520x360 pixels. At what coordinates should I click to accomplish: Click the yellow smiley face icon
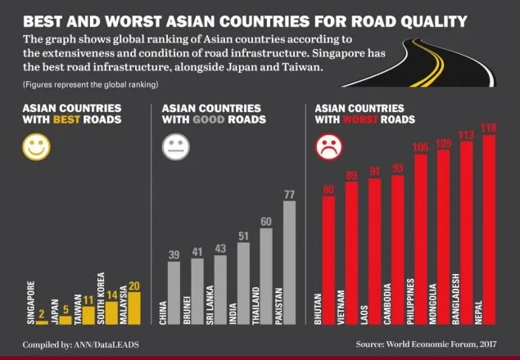point(37,146)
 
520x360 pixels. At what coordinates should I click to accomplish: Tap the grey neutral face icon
point(176,146)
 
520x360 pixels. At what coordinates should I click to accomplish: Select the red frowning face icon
point(328,146)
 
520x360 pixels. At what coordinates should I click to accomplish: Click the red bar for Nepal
point(489,229)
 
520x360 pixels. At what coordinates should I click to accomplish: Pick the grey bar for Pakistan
point(289,263)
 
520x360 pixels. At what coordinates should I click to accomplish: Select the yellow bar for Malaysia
point(134,308)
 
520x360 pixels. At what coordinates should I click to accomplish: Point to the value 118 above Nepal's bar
point(489,128)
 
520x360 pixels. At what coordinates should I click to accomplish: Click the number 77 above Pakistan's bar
point(289,195)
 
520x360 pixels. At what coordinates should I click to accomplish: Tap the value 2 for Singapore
point(42,314)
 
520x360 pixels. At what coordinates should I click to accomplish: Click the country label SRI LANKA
point(210,305)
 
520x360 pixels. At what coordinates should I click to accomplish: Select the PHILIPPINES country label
point(410,301)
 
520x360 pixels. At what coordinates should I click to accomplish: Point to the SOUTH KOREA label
point(102,299)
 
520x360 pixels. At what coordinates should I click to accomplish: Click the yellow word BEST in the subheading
point(66,119)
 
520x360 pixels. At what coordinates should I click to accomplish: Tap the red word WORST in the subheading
point(360,119)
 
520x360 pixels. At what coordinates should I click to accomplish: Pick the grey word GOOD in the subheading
point(208,119)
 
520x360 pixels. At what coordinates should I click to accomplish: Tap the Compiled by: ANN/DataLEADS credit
point(80,345)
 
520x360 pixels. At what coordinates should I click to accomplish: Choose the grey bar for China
point(174,293)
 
